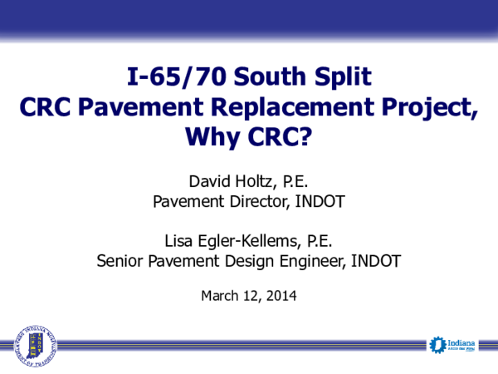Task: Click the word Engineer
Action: pos(305,261)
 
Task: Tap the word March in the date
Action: pos(220,294)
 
